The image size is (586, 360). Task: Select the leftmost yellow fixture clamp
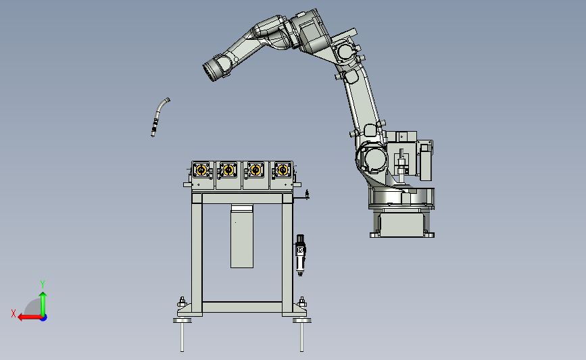201,170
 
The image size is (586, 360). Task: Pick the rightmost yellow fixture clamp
283,170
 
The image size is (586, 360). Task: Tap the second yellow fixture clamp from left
228,170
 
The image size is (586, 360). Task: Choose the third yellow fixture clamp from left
255,170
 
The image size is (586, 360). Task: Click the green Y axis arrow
43,304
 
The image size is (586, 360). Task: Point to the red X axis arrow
30,317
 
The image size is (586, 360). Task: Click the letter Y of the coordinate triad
43,284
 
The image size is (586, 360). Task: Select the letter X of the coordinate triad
14,313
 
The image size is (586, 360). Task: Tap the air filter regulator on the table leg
300,255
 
